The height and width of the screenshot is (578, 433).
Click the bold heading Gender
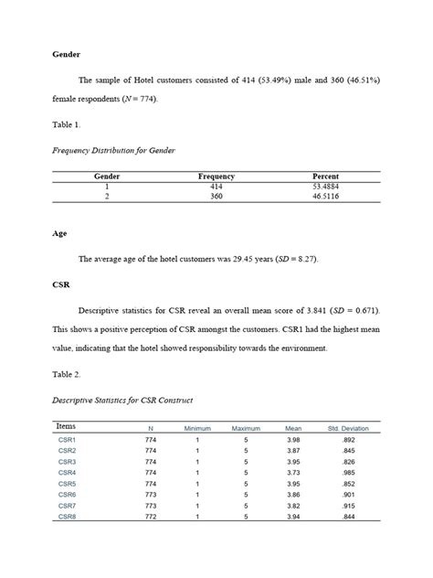click(66, 55)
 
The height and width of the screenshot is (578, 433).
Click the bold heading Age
click(59, 233)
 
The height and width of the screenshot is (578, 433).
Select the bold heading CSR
click(61, 284)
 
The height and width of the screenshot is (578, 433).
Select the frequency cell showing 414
click(216, 186)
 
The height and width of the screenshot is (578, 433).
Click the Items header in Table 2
click(66, 426)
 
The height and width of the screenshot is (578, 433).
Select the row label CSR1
click(68, 441)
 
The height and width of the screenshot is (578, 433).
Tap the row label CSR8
click(68, 517)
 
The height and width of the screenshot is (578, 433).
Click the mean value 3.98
click(293, 441)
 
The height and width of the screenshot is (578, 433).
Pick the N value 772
click(151, 517)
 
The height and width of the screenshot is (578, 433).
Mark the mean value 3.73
click(293, 473)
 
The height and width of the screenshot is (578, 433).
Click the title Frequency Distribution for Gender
click(113, 149)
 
